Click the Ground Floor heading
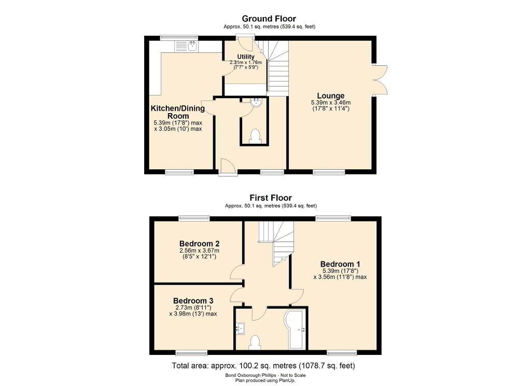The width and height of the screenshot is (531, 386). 269,19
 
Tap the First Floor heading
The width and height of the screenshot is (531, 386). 271,198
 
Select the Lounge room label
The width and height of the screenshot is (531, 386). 330,96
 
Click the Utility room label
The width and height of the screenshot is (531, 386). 246,57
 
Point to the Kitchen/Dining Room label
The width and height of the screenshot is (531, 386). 178,112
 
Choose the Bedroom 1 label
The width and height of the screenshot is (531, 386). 340,264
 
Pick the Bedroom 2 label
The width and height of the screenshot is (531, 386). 200,244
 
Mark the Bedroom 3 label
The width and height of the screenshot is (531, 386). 193,300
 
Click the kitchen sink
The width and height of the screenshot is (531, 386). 187,46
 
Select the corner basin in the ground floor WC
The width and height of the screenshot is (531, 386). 256,102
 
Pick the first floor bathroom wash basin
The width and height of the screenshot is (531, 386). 241,327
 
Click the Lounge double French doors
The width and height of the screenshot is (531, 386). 380,80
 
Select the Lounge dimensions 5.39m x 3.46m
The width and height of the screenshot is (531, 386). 330,102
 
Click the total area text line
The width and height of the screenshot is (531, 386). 263,366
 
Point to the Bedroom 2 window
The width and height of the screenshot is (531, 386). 194,218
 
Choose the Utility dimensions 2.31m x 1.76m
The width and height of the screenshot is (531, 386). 246,62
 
